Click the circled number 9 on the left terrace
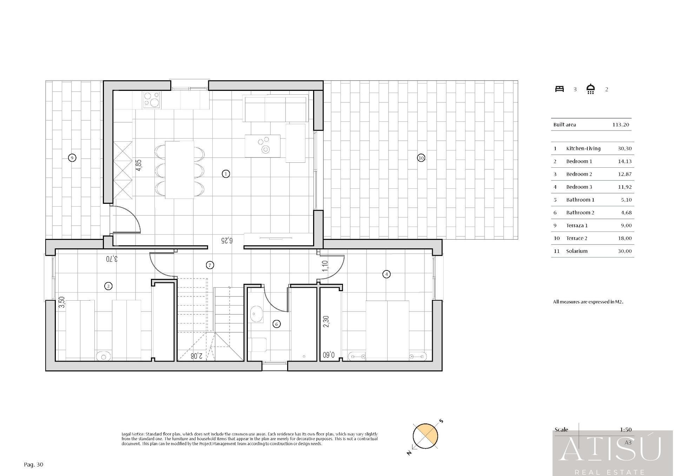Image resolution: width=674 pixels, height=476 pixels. pos(72,158)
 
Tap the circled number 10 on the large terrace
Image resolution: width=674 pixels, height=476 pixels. pos(421,158)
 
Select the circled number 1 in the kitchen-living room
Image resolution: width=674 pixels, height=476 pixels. pos(226,174)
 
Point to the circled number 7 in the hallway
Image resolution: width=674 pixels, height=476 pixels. pos(210,265)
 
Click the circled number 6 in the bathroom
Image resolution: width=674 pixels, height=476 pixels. pos(276,324)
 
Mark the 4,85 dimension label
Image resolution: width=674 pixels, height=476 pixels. pos(139,165)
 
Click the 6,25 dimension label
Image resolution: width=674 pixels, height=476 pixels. pos(227,240)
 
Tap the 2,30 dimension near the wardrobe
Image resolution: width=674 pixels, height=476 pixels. pos(326,322)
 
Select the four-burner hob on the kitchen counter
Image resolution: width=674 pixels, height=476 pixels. pos(152,99)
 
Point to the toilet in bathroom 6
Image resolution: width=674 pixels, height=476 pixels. pos(258,344)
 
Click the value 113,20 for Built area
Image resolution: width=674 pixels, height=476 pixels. pos(621,125)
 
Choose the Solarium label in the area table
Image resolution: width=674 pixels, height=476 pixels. pos(576,251)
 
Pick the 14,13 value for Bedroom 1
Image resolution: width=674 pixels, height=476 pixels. pos(625,161)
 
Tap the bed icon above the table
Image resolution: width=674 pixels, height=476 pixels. pos(559,89)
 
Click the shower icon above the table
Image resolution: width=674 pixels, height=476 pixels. pos(590,89)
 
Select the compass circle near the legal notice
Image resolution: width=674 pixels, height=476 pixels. pos(425,436)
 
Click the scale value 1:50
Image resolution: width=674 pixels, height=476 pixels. pos(626,429)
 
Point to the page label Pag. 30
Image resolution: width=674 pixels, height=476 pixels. pos(33,464)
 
